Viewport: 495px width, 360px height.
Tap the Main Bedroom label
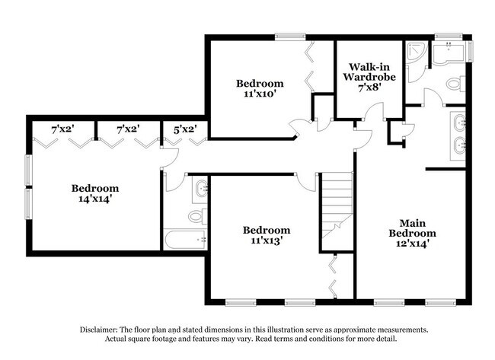point(412,228)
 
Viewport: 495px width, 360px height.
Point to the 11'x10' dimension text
point(259,95)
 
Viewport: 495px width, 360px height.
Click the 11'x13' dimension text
point(266,241)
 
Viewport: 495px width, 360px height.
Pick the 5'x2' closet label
point(185,129)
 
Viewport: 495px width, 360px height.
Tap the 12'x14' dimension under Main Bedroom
point(412,244)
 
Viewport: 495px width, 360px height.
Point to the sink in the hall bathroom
point(200,189)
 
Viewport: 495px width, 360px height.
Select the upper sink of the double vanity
point(459,122)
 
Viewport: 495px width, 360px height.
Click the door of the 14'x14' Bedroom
point(169,156)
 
